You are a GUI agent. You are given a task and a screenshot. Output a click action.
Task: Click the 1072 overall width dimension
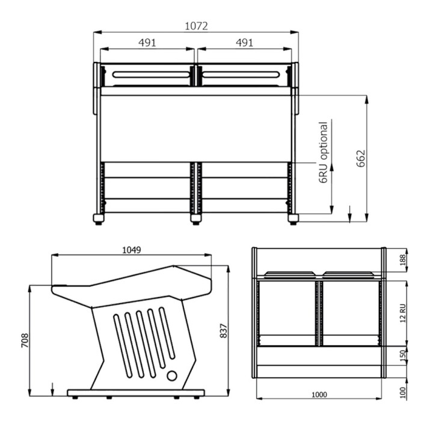click(x=196, y=26)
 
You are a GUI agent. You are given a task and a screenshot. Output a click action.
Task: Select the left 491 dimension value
click(x=147, y=43)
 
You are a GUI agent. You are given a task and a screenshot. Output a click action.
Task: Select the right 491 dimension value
click(x=244, y=43)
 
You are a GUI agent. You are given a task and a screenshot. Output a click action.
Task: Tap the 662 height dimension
click(x=361, y=159)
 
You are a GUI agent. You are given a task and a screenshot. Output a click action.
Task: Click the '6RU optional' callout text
click(x=323, y=152)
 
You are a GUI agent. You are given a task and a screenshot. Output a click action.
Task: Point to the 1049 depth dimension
click(x=132, y=250)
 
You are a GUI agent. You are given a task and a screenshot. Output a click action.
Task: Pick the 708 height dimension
click(x=25, y=340)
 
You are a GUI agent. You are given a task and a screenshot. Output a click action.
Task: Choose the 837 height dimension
click(x=223, y=331)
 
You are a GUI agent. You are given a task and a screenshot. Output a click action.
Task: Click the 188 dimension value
click(x=403, y=260)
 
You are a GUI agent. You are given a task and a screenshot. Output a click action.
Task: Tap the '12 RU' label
click(x=403, y=313)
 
